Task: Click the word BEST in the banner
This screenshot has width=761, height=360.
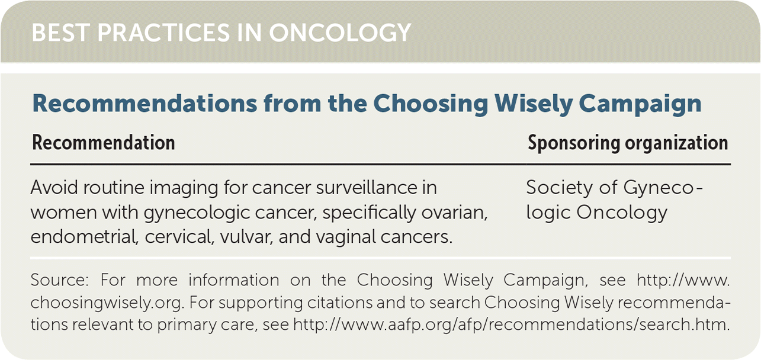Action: click(x=60, y=33)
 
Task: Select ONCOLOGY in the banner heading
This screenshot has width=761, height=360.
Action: click(x=340, y=33)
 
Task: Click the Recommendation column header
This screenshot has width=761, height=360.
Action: click(x=104, y=143)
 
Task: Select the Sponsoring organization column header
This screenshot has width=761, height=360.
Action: click(x=628, y=143)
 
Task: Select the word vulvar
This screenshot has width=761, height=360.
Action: click(x=246, y=237)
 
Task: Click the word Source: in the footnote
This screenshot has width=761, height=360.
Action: click(x=59, y=280)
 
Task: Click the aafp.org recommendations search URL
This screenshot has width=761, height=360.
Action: click(x=511, y=324)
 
